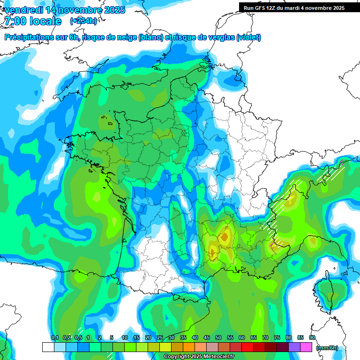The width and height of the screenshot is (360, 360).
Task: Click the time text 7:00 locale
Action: [x=33, y=21]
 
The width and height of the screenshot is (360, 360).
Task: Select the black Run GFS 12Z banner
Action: [x=294, y=7]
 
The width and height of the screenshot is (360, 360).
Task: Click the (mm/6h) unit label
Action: [x=327, y=348]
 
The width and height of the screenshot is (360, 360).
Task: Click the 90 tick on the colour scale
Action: [x=312, y=337]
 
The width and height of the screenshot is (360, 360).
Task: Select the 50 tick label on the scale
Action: [x=218, y=337]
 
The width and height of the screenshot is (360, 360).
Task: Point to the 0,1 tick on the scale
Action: [x=54, y=337]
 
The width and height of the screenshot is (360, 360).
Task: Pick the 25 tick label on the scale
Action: [x=160, y=337]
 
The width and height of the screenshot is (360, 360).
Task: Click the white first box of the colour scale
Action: [x=48, y=347]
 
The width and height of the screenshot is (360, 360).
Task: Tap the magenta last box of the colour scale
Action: [x=306, y=347]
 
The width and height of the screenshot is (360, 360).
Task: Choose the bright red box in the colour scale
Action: [x=247, y=347]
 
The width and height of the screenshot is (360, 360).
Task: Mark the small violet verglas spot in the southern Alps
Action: [x=272, y=245]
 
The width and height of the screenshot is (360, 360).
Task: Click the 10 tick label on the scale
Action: [x=125, y=337]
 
